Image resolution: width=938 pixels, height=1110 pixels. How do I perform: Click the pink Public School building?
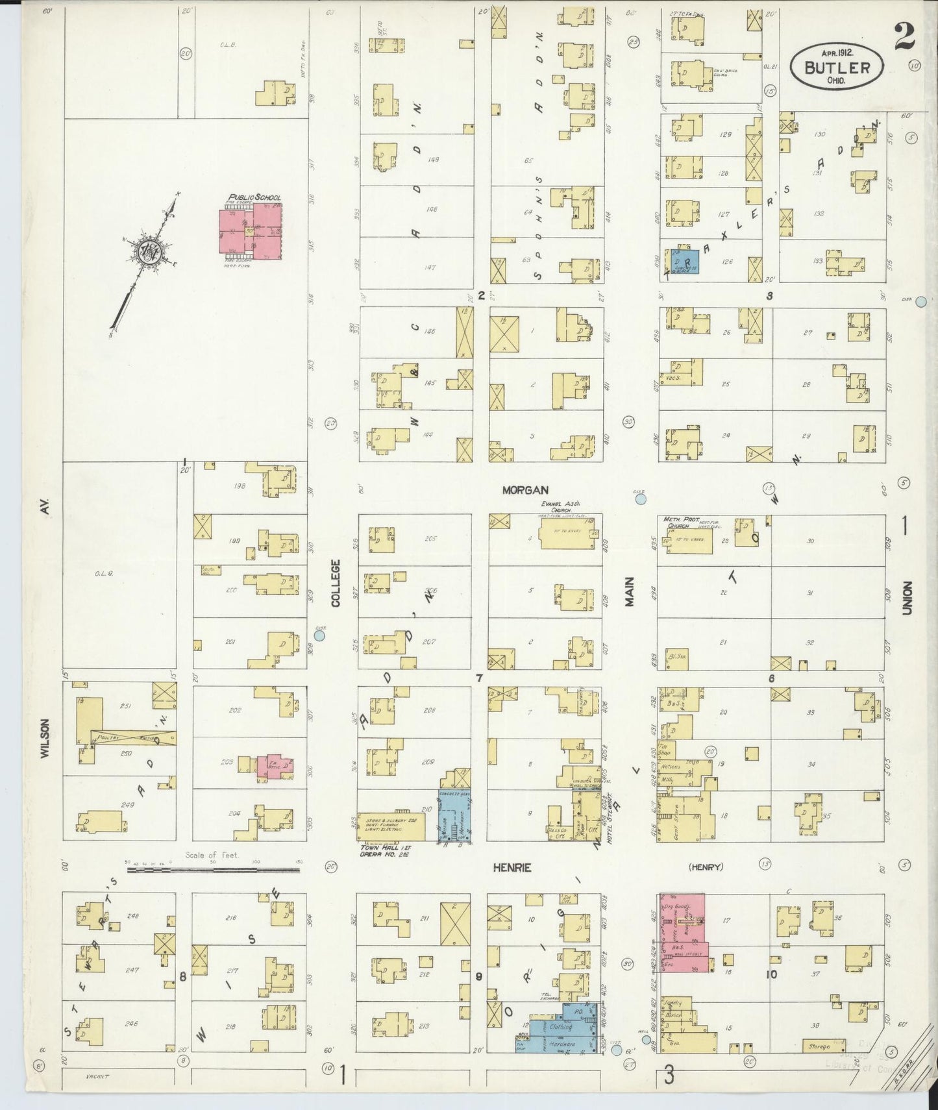[x=250, y=230]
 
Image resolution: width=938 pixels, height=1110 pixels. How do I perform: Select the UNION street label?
[x=907, y=598]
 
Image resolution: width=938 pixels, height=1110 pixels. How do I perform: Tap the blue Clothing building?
[x=562, y=1026]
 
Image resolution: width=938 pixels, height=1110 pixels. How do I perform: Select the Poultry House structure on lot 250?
[x=134, y=737]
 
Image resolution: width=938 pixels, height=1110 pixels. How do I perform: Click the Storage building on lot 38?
[x=819, y=1046]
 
